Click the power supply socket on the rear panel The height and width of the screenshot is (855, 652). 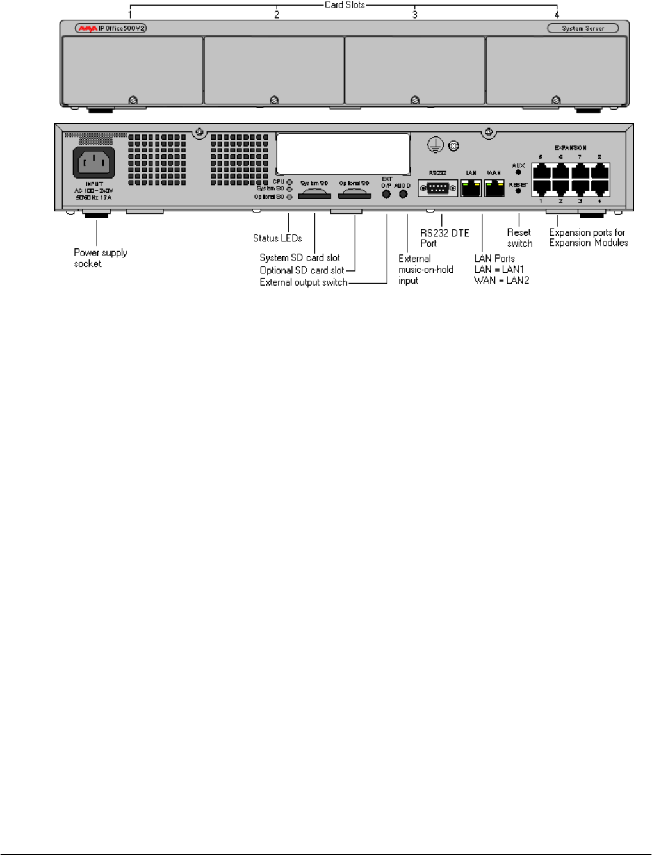[94, 163]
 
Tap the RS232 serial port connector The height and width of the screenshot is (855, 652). [437, 188]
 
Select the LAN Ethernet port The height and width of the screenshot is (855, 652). [471, 188]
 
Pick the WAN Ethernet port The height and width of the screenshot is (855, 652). [494, 188]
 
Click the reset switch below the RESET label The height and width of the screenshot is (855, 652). [518, 191]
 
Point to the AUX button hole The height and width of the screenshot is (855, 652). [518, 172]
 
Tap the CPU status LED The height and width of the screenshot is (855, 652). [289, 182]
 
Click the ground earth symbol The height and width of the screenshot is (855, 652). [436, 145]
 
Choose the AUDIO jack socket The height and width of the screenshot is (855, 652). [403, 194]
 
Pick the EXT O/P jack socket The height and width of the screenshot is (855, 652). [386, 194]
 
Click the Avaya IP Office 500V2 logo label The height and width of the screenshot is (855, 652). [111, 28]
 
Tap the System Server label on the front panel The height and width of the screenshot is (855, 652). [583, 28]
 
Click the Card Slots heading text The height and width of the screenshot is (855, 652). [345, 5]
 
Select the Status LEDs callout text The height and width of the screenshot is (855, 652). [277, 238]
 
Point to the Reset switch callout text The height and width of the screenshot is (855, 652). [519, 238]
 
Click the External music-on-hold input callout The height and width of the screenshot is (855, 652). [425, 270]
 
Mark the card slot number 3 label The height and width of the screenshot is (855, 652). [415, 14]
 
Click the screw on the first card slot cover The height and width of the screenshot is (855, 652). [133, 100]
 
